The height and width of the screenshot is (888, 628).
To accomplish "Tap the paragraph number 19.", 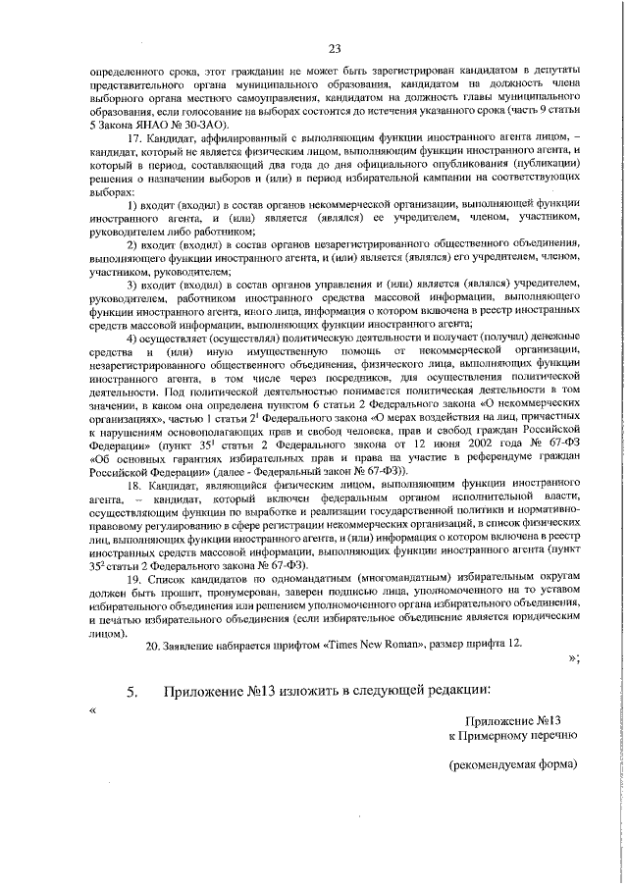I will pyautogui.click(x=136, y=580).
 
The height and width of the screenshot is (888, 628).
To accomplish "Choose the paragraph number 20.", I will pyautogui.click(x=152, y=644).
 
